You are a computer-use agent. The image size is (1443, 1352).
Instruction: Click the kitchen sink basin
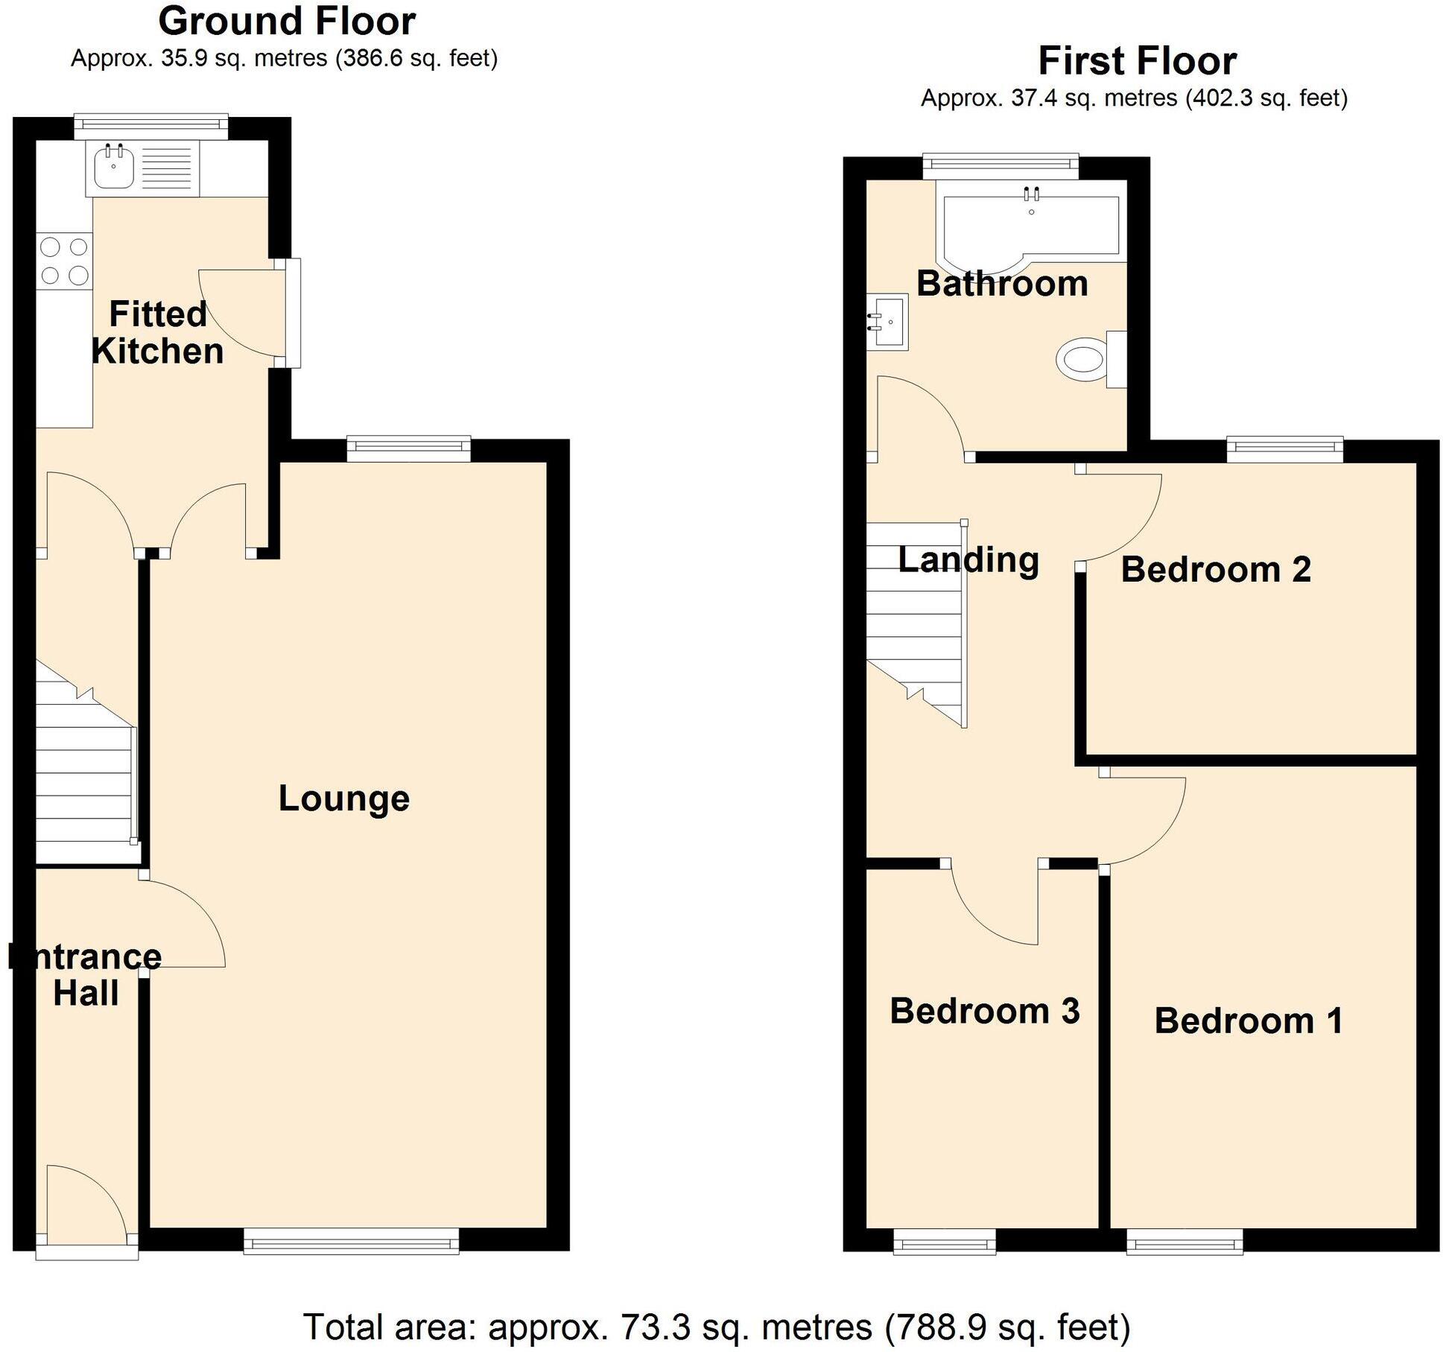pos(113,167)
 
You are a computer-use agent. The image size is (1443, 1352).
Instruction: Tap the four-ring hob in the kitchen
pos(64,261)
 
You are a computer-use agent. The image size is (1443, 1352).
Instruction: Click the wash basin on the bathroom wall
pos(889,322)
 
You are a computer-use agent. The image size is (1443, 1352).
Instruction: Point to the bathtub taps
pos(1031,194)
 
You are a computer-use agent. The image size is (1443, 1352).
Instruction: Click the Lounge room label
pos(344,799)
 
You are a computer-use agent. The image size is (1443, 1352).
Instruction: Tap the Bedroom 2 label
pos(1216,570)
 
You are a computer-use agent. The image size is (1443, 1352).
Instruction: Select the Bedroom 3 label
pos(985,1012)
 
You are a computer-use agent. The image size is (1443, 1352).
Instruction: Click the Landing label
pos(968,559)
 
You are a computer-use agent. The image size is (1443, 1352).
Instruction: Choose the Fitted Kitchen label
pos(157,332)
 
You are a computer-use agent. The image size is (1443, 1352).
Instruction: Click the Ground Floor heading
pos(287,21)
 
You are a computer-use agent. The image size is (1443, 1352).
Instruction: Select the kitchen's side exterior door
pos(292,313)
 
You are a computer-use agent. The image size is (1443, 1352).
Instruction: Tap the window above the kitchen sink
pos(151,126)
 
